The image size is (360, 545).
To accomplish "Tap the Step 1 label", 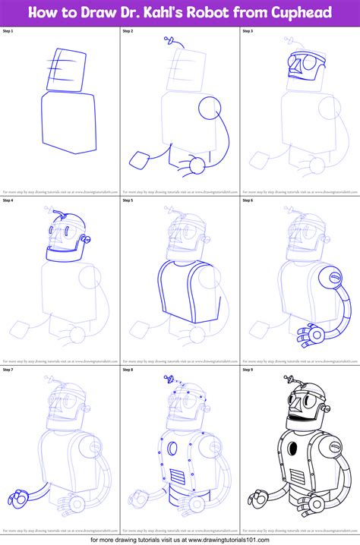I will tap(11, 32).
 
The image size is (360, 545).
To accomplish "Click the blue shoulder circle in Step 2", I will tap(210, 110).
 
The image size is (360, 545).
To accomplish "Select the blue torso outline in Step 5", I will tap(179, 288).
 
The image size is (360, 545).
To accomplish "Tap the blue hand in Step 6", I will tap(308, 332).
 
